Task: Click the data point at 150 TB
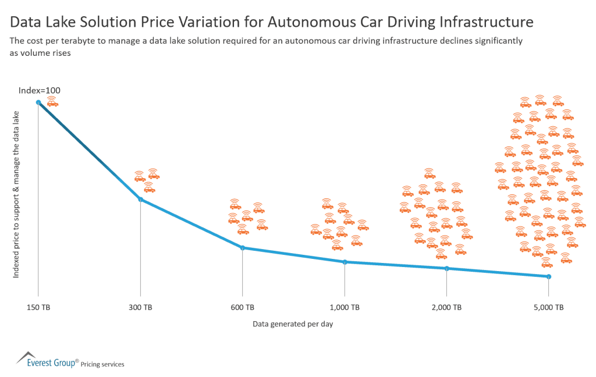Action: [38, 102]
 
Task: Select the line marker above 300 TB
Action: [140, 200]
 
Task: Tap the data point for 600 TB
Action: [242, 248]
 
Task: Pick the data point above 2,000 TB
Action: [446, 268]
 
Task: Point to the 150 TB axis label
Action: [38, 307]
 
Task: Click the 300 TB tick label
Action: [140, 307]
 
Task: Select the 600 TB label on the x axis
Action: [242, 307]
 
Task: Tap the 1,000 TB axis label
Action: [345, 307]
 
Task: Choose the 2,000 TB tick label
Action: [446, 307]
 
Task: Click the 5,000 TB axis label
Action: [548, 307]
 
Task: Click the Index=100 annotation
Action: [40, 90]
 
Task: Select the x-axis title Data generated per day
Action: [293, 324]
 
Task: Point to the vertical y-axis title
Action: [16, 194]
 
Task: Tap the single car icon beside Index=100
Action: [53, 102]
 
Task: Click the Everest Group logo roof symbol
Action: [26, 356]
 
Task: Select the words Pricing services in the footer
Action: [102, 364]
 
